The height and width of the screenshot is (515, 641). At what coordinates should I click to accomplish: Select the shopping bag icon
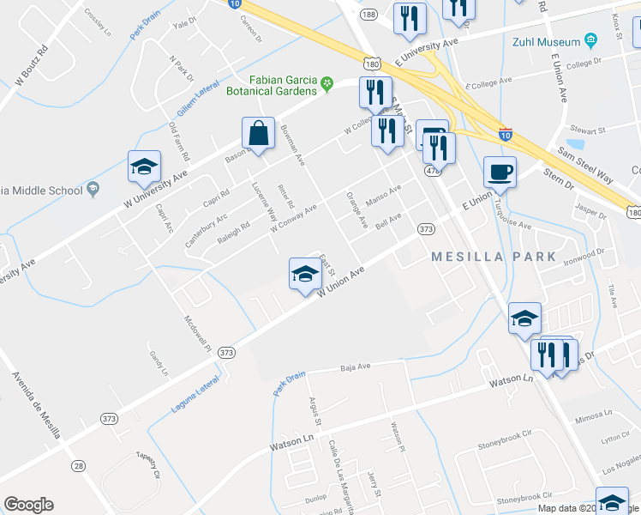pyautogui.click(x=258, y=135)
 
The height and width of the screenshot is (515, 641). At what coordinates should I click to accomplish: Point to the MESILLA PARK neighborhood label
pyautogui.click(x=494, y=257)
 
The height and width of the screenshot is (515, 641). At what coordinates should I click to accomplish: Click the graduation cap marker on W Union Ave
pyautogui.click(x=303, y=275)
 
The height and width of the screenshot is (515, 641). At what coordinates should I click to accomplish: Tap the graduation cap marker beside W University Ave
pyautogui.click(x=144, y=167)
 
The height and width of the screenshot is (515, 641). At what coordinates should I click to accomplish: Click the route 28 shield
pyautogui.click(x=78, y=465)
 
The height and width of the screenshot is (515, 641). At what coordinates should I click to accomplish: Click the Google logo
pyautogui.click(x=28, y=505)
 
